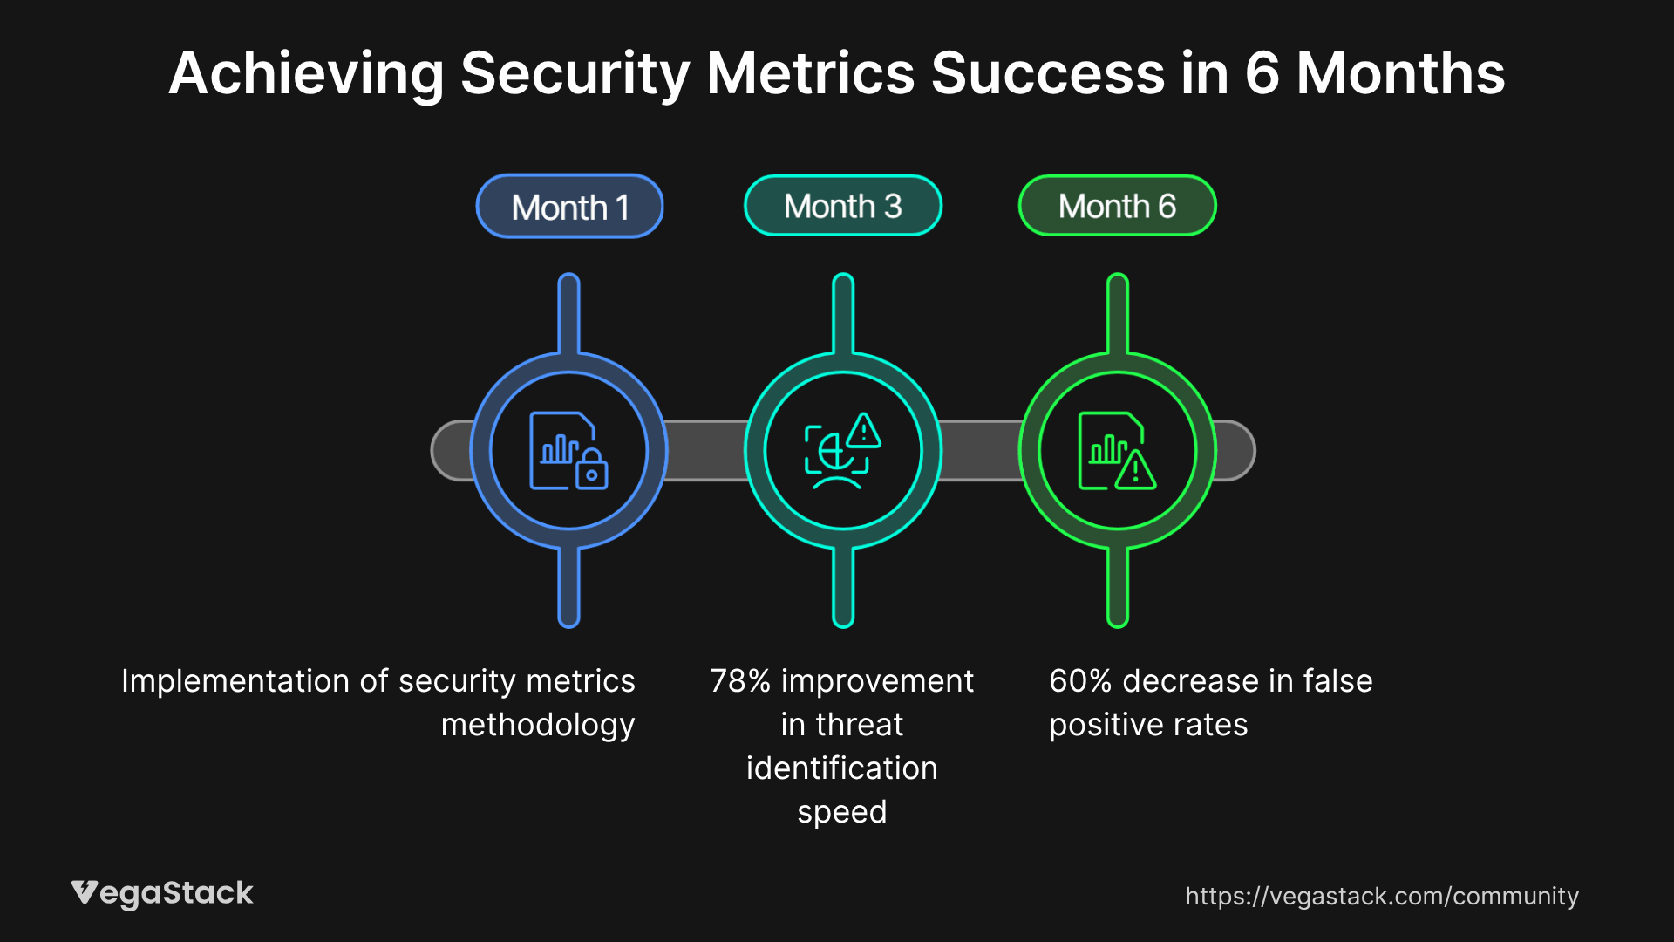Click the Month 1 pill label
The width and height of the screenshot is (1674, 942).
click(x=569, y=207)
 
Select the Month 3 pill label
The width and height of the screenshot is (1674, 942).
click(x=842, y=206)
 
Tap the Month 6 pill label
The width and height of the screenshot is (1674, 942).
click(x=1117, y=206)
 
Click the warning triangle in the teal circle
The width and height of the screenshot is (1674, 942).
click(x=863, y=431)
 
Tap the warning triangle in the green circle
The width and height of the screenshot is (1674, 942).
click(x=1135, y=470)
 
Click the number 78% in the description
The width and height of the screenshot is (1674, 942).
click(x=740, y=681)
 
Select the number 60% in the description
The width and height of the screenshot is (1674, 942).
click(x=1079, y=681)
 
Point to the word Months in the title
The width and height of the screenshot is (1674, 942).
click(x=1400, y=73)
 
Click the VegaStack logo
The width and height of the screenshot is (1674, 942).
click(x=162, y=893)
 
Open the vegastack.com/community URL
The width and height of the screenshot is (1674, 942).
click(x=1381, y=896)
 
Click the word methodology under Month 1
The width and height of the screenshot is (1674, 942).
click(x=537, y=725)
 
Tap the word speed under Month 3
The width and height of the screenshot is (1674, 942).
click(x=841, y=812)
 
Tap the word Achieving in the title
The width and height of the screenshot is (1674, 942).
click(x=306, y=73)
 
